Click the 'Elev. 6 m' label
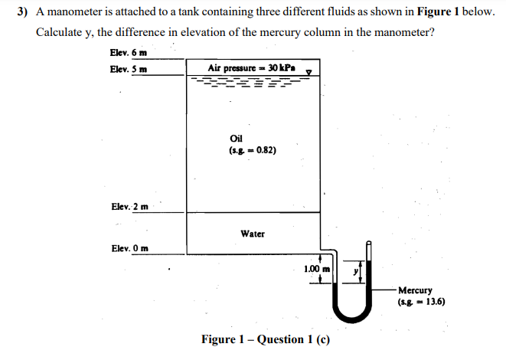tap(128, 52)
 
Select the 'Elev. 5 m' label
tap(128, 69)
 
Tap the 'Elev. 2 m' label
tap(129, 207)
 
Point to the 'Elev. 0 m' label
tap(129, 248)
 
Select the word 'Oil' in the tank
tap(236, 139)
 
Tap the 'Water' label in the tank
tap(253, 233)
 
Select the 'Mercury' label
tap(415, 291)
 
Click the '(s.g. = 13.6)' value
tap(421, 302)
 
